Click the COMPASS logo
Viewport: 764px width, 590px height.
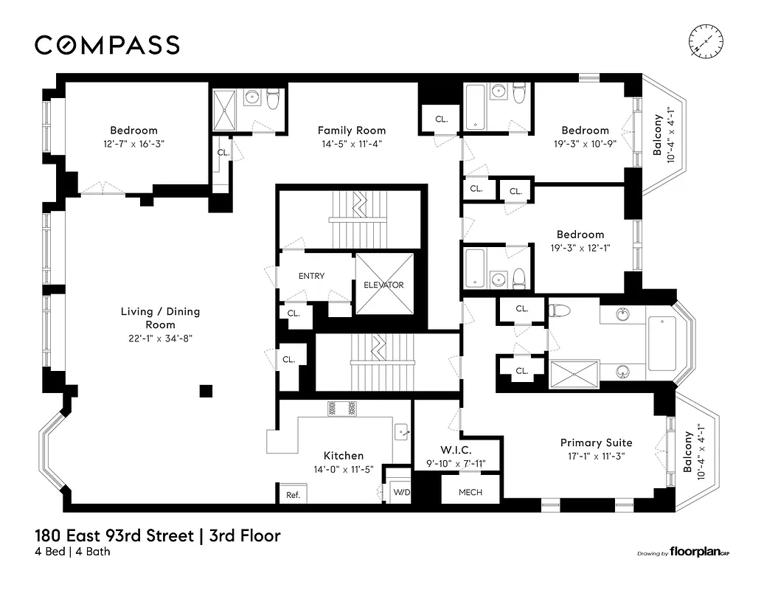[x=107, y=45]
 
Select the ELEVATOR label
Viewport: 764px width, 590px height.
[x=383, y=285]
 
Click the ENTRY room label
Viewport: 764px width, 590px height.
[x=311, y=276]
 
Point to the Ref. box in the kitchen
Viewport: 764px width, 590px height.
[x=293, y=495]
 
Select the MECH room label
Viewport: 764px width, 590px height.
[x=470, y=492]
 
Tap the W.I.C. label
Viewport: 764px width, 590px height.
[x=455, y=450]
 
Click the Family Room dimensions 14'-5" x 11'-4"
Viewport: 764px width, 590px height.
[x=351, y=145]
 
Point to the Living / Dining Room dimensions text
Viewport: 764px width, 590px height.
[x=160, y=339]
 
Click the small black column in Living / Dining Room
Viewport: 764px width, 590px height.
[x=206, y=391]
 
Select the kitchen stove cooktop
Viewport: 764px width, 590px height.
[x=341, y=408]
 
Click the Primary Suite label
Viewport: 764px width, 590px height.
[x=596, y=442]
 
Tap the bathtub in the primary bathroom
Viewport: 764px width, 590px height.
[x=667, y=344]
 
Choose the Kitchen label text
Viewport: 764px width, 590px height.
[x=344, y=456]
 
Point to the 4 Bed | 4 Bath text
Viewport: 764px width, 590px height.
[x=72, y=552]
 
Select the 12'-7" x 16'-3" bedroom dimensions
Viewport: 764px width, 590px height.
[x=134, y=145]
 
